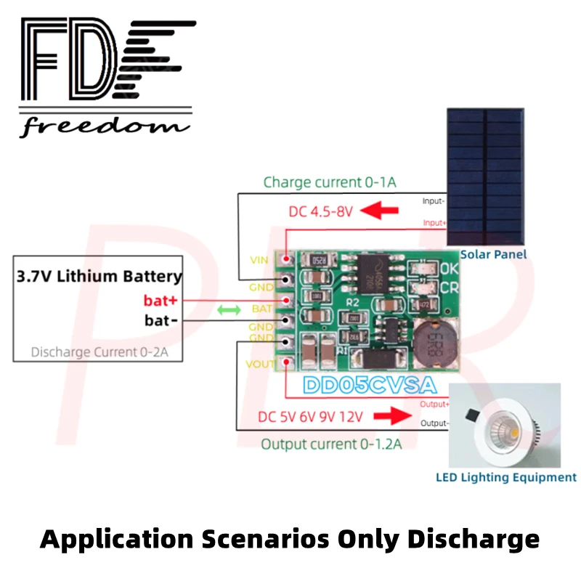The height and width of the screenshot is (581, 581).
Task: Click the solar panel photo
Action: coord(487,178)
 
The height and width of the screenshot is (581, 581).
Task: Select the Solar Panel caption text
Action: coord(493,254)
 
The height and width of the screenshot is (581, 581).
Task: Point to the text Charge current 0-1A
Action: coord(330,182)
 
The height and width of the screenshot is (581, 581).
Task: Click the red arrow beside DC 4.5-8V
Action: coord(381,212)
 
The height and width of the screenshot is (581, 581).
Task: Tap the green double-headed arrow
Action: coord(230,310)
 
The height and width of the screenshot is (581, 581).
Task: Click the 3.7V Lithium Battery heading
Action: coord(99,276)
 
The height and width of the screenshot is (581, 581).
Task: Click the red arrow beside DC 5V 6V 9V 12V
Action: coord(391,418)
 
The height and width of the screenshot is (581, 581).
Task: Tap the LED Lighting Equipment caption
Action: coord(506,477)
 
